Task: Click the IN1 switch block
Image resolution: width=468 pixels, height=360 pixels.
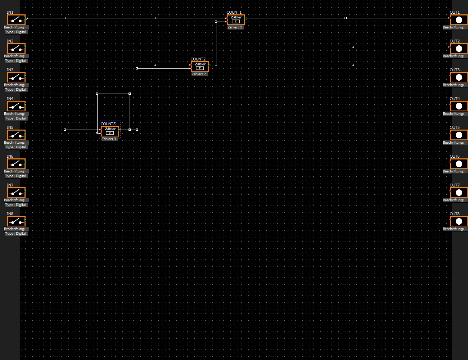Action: click(x=16, y=19)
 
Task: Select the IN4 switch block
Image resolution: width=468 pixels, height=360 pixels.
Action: click(x=16, y=106)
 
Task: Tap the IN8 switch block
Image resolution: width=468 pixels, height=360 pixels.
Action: click(x=16, y=221)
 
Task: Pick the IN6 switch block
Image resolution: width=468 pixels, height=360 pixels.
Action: click(x=16, y=163)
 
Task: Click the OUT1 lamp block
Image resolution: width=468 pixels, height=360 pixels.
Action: click(x=459, y=19)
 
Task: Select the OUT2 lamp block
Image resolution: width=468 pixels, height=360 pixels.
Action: click(x=459, y=48)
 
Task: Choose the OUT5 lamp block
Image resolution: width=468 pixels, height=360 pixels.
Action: click(x=459, y=135)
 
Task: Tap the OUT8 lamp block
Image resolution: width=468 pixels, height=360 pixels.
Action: click(x=459, y=221)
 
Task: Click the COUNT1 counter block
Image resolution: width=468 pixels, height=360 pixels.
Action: click(x=236, y=19)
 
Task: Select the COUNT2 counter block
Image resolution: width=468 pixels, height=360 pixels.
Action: click(x=200, y=66)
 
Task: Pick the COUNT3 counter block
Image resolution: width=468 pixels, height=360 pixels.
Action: click(x=110, y=131)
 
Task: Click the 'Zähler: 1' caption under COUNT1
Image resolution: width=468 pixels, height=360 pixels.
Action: click(x=235, y=27)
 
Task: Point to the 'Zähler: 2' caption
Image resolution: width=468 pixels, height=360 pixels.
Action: click(x=199, y=74)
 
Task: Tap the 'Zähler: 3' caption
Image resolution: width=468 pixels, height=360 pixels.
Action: click(x=109, y=139)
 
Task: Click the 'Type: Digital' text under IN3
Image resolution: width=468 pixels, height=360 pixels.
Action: click(x=15, y=90)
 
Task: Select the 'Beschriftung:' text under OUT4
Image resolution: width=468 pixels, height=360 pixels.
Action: click(x=454, y=114)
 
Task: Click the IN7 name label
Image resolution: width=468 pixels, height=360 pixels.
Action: click(x=10, y=185)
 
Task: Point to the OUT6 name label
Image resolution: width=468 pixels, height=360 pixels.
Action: click(x=455, y=156)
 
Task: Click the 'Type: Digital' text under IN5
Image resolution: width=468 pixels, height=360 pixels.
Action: click(x=15, y=147)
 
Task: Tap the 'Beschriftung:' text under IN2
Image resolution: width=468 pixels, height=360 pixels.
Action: click(x=15, y=56)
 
